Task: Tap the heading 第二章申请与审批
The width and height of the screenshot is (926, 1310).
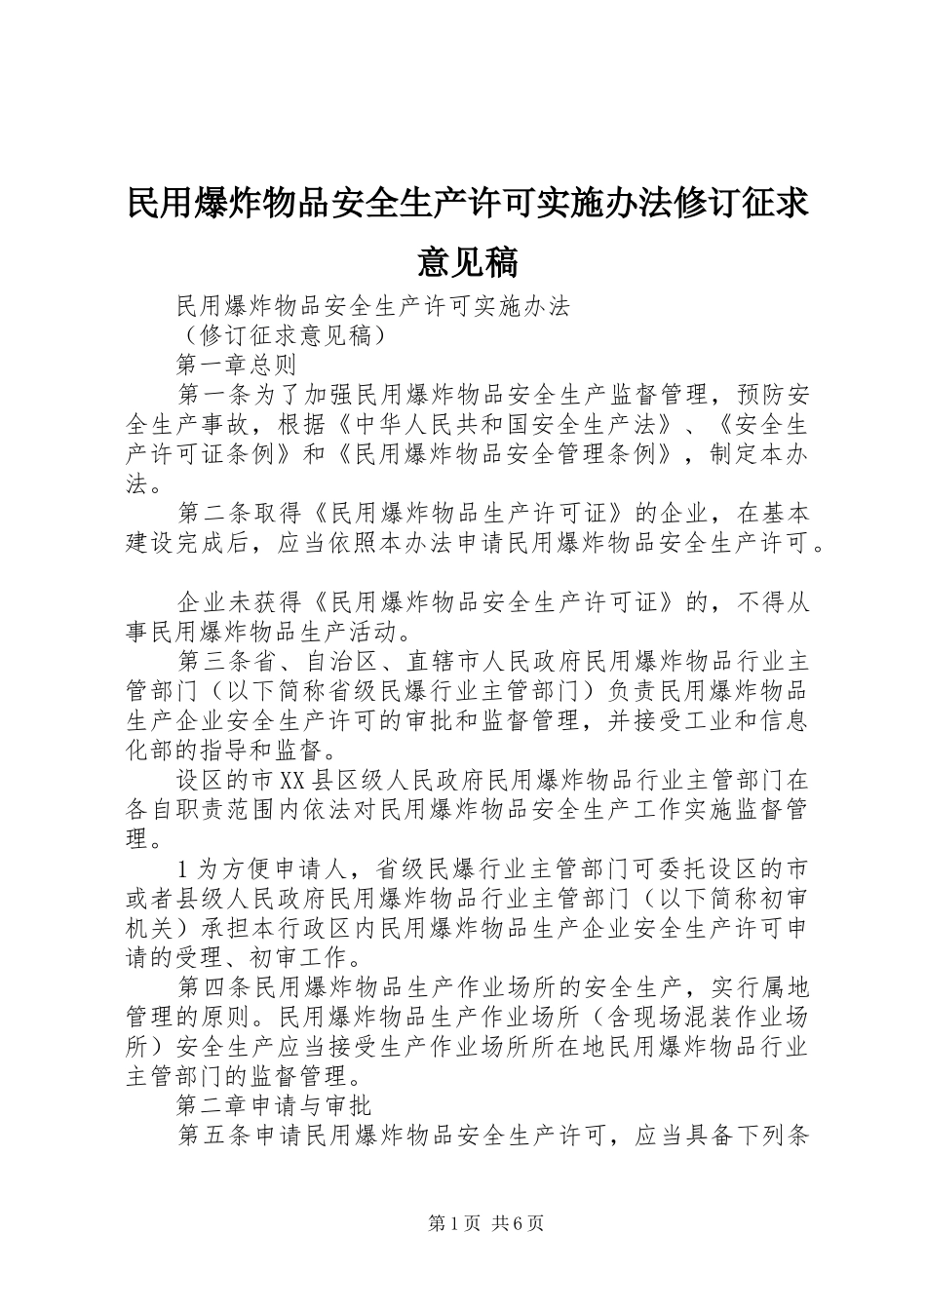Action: (274, 1106)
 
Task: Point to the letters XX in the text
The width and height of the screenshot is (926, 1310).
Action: (292, 781)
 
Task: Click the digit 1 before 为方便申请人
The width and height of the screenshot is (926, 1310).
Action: (185, 868)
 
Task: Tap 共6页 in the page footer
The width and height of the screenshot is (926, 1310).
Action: (518, 1223)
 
